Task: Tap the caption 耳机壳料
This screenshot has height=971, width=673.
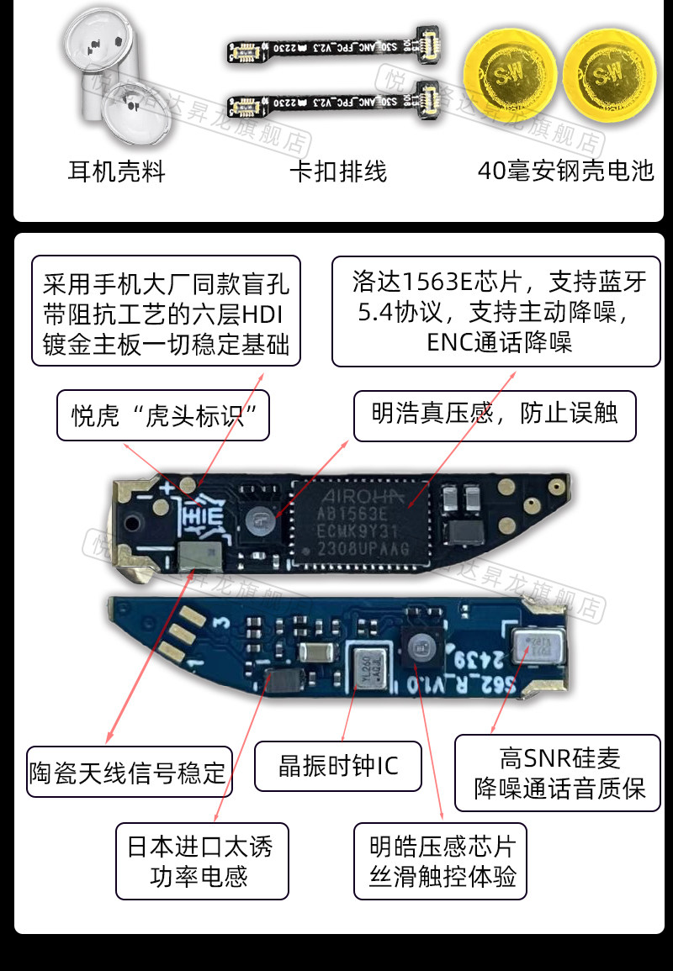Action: (x=117, y=172)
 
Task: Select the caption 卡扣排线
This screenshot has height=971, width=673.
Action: (x=338, y=172)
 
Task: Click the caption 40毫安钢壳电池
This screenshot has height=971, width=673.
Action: (x=565, y=172)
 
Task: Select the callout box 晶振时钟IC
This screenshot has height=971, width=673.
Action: (x=337, y=766)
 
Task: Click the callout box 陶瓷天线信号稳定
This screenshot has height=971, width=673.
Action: (x=129, y=772)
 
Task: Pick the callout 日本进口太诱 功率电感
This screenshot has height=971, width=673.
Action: (x=200, y=861)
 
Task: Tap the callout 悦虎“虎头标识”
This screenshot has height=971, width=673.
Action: (x=163, y=415)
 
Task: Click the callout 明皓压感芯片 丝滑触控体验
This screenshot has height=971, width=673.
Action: (x=442, y=862)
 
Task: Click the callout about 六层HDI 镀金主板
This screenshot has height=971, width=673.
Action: (x=166, y=311)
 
